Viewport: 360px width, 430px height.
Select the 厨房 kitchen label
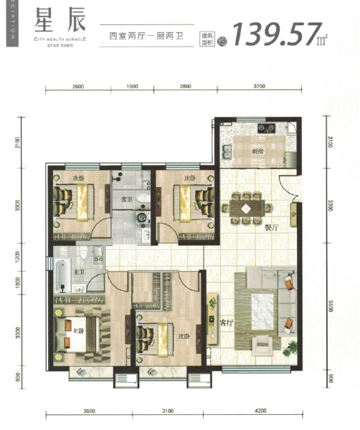coord(258,151)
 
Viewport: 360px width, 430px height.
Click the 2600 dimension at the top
coord(78,86)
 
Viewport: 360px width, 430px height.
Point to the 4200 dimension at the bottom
coord(260,411)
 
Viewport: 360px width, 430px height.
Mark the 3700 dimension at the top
coord(260,86)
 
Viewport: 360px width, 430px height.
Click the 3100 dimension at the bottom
coord(168,411)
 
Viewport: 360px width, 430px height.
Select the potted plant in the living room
coord(291,349)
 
